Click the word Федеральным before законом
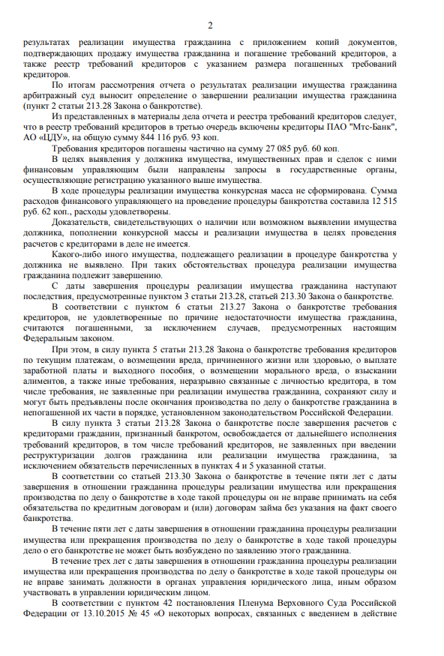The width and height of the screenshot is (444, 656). click(x=56, y=339)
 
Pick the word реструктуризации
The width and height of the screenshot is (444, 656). click(x=64, y=455)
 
